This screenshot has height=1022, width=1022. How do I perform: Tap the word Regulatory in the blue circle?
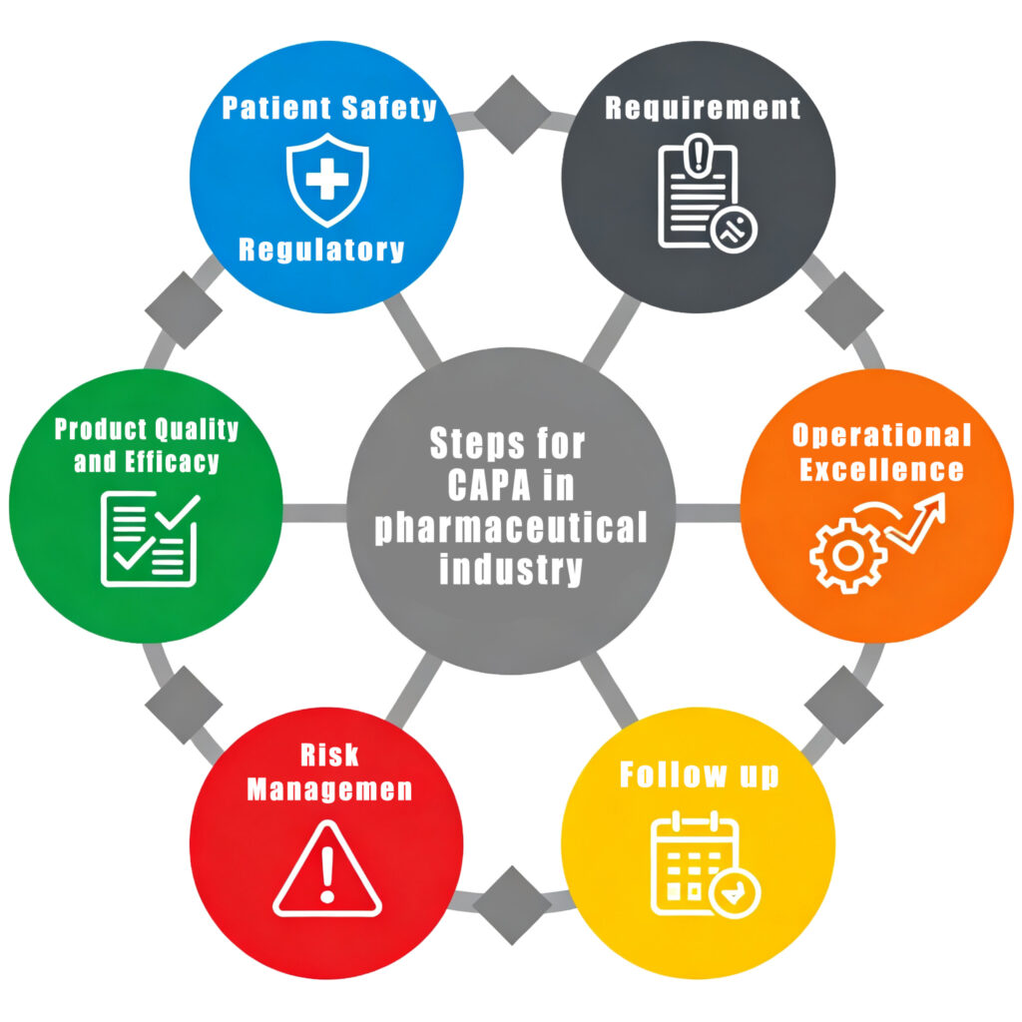[321, 249]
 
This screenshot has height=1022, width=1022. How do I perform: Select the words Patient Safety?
[329, 108]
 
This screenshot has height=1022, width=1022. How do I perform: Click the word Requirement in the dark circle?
[703, 108]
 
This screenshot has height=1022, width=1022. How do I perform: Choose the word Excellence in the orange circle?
[882, 469]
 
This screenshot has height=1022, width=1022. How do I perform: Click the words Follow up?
[699, 774]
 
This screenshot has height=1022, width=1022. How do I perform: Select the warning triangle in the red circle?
[327, 868]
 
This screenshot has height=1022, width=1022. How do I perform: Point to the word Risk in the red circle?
[328, 755]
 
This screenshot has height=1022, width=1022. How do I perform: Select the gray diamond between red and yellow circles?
[512, 904]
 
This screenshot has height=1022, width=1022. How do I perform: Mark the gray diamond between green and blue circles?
[183, 309]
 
